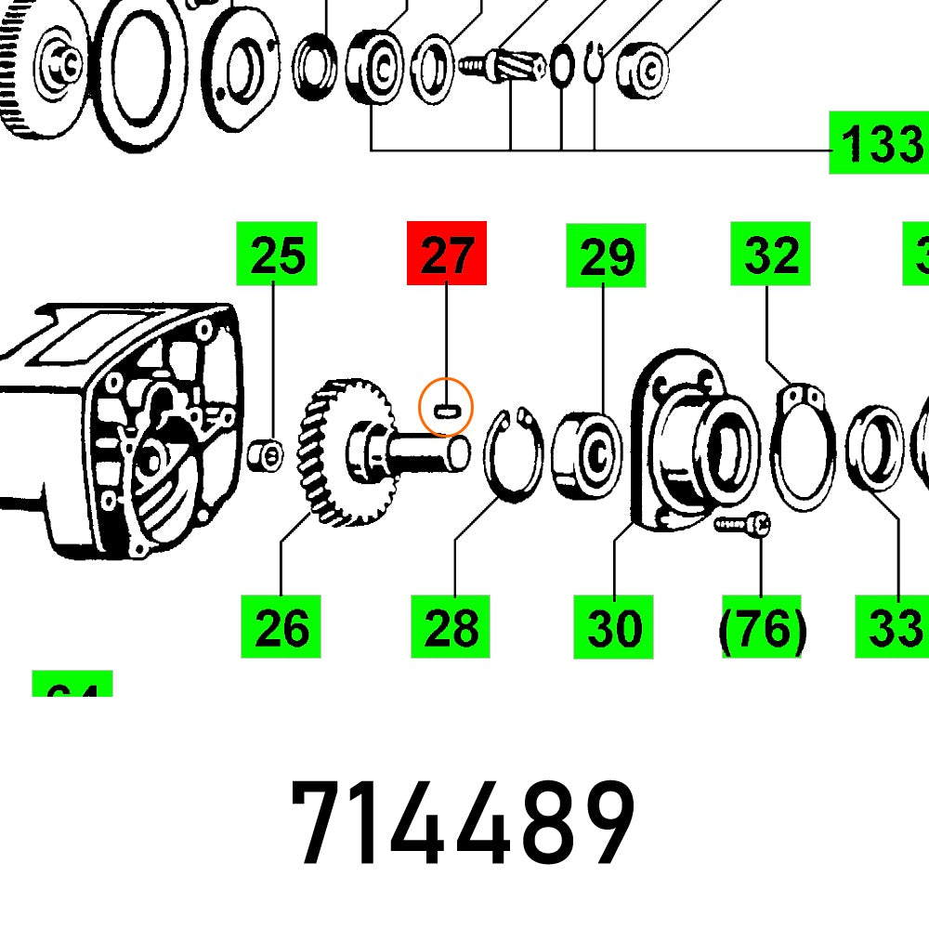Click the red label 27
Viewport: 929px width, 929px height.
click(x=447, y=254)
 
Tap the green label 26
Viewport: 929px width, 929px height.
click(x=281, y=627)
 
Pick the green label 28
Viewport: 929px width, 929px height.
click(x=451, y=627)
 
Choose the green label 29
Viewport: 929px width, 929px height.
click(x=607, y=255)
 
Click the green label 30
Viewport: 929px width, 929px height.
click(x=613, y=627)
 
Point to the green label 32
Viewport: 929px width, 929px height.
click(x=771, y=253)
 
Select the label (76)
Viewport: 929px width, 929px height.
click(x=762, y=629)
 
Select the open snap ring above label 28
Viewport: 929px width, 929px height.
click(x=514, y=453)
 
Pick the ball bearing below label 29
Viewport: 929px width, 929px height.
click(x=586, y=453)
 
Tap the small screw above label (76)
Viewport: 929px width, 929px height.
click(x=743, y=526)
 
